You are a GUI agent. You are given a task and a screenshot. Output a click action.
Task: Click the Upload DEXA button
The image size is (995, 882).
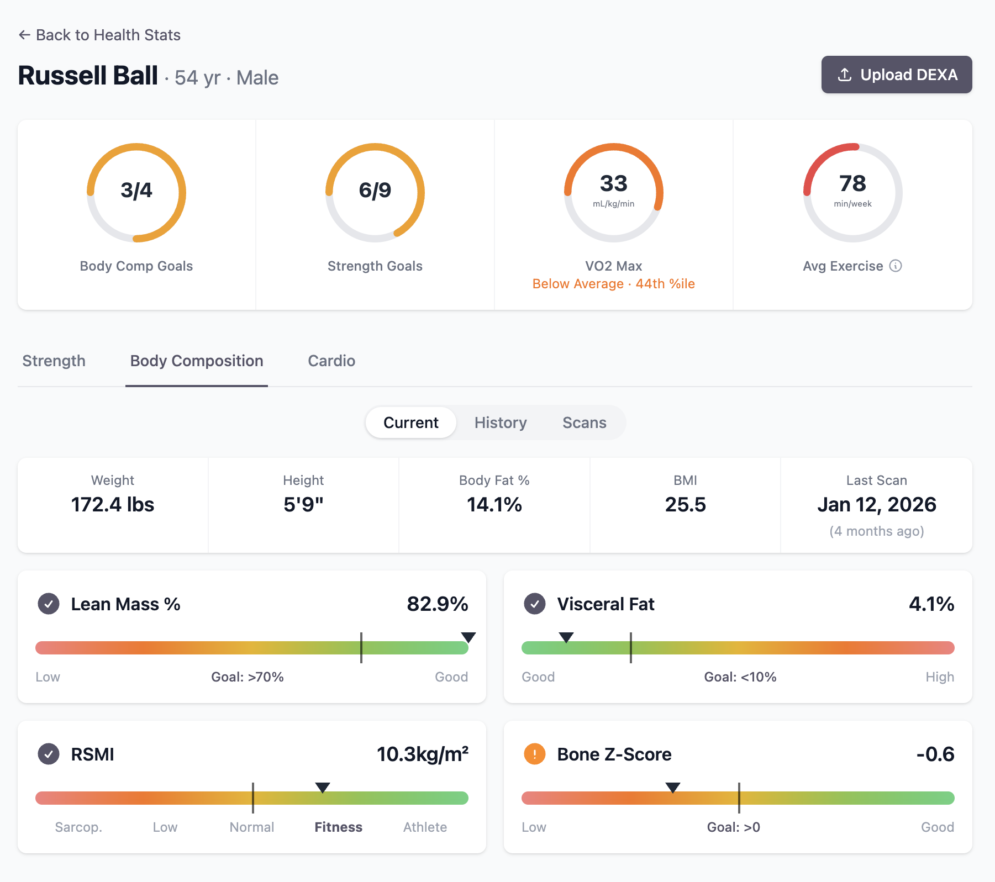[896, 75]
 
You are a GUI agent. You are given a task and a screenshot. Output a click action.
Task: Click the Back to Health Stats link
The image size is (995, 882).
[99, 35]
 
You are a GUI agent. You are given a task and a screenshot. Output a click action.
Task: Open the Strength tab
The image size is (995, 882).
[54, 361]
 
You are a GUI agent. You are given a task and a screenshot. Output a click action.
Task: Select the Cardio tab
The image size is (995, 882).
[331, 361]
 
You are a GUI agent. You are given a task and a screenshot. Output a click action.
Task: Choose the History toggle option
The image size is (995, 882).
[500, 422]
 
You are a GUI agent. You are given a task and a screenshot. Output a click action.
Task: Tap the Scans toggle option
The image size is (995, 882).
[584, 422]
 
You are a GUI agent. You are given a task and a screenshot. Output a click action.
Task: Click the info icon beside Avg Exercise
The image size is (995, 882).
[896, 266]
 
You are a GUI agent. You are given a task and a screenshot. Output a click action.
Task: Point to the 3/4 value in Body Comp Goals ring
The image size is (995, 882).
[136, 191]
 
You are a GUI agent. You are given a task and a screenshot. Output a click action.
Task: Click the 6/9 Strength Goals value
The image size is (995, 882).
[375, 191]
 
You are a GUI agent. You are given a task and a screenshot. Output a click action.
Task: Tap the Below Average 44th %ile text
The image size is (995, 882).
[613, 284]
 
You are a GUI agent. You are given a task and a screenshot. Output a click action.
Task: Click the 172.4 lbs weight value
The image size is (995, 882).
[113, 505]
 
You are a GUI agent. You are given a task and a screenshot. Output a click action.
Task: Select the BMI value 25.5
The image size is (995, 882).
[685, 505]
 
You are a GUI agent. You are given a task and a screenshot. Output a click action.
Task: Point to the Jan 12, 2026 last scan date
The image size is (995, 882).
[876, 505]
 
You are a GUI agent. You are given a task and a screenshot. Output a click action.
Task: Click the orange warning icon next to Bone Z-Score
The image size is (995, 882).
[534, 754]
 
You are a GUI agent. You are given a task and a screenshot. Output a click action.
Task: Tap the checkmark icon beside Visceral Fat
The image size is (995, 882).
[534, 604]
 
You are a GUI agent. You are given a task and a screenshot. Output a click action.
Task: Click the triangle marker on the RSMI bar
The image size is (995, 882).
[323, 787]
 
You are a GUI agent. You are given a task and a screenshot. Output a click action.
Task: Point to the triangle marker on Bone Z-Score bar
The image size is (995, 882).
[672, 787]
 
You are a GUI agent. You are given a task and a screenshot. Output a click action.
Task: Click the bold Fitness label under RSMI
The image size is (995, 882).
[338, 827]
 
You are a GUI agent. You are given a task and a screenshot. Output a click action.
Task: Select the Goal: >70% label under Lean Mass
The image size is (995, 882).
[248, 677]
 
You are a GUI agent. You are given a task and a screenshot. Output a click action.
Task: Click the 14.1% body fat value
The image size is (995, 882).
[494, 505]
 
